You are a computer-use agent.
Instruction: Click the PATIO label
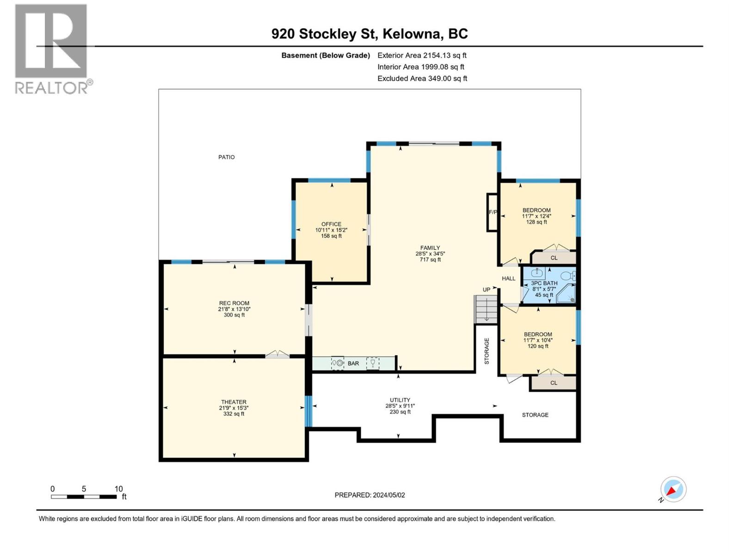(226, 157)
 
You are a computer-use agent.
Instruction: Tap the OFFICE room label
(331, 224)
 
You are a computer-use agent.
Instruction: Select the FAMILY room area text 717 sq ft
(430, 260)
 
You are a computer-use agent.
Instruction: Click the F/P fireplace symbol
(492, 212)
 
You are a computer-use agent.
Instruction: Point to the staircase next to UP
(486, 309)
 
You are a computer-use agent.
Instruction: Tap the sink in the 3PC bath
(537, 273)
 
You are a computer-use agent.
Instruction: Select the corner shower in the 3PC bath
(567, 295)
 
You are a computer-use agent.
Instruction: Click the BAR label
(353, 364)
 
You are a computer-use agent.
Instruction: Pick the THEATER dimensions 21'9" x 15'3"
(234, 408)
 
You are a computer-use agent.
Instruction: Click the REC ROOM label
(234, 303)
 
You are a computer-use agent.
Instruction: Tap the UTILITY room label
(400, 400)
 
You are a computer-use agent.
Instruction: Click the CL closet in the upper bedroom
(554, 258)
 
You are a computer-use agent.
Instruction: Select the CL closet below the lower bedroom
(554, 383)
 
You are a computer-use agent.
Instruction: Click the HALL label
(508, 278)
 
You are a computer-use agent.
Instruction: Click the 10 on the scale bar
(118, 489)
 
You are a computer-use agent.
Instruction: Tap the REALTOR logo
(51, 49)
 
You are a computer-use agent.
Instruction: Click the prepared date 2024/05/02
(370, 495)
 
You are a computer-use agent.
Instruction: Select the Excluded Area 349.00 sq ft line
(422, 79)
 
